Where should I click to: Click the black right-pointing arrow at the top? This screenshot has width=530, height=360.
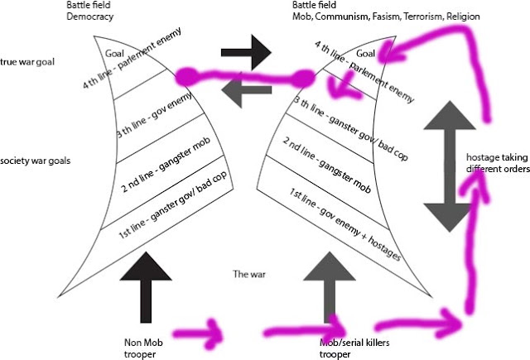(246, 52)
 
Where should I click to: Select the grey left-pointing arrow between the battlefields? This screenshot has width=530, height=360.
(247, 89)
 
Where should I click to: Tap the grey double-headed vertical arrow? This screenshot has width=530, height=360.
(450, 166)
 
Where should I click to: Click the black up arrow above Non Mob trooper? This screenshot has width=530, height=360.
(146, 287)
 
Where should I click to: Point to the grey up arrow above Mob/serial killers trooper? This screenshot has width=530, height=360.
(330, 287)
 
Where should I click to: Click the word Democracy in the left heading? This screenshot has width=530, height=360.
(90, 17)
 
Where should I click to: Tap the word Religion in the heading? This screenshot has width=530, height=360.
(463, 17)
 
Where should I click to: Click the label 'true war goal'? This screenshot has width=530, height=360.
(27, 62)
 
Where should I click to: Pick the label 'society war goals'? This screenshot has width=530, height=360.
(35, 161)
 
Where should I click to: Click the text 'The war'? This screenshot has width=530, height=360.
(249, 274)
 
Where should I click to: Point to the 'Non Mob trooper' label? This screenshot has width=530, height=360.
(143, 348)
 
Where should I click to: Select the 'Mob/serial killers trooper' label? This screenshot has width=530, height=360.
(354, 348)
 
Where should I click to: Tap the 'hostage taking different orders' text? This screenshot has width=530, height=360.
(498, 163)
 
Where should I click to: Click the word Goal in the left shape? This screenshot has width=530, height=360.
(114, 53)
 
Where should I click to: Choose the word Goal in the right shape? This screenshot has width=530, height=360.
(366, 53)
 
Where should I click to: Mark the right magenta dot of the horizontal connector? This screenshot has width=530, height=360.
(303, 79)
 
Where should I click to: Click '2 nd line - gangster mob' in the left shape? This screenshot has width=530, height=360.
(166, 165)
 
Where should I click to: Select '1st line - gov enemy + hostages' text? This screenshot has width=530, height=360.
(345, 224)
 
